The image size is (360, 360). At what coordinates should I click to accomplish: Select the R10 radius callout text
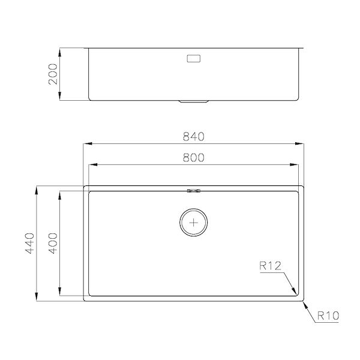tap(328, 314)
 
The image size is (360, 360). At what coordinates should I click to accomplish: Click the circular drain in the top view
tap(193, 222)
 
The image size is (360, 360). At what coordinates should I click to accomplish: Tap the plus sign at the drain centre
tap(193, 222)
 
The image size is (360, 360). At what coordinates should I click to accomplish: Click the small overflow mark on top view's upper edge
tap(193, 191)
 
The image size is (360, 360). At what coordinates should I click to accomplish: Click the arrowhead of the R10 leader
tap(304, 301)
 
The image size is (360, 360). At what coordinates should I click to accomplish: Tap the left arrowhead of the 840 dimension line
tap(86, 144)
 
